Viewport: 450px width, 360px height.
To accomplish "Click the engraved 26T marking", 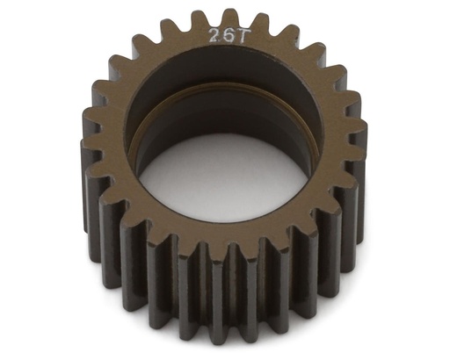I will point(222,35).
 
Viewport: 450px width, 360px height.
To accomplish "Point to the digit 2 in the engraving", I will point(214,35).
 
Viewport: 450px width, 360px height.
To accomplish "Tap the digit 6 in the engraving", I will point(222,35).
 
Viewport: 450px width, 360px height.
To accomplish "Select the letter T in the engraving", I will point(232,35).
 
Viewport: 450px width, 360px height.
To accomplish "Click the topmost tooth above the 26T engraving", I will point(230,18).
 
